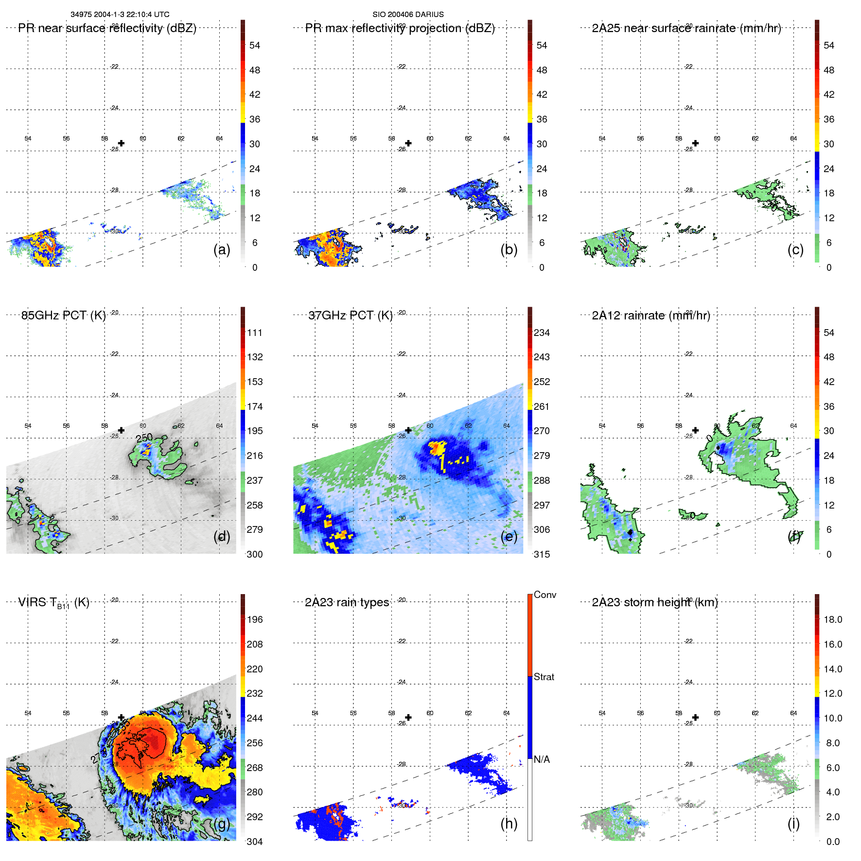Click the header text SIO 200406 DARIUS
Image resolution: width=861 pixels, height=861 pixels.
(408, 15)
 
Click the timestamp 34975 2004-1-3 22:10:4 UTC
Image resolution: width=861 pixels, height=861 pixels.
(120, 15)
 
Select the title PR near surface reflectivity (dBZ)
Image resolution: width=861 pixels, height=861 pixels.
(107, 28)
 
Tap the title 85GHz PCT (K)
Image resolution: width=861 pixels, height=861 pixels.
(64, 316)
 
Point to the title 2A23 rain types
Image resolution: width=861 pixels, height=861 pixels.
(347, 602)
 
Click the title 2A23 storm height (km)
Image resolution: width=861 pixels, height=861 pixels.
(655, 602)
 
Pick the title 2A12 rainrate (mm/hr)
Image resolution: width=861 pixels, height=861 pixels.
(651, 316)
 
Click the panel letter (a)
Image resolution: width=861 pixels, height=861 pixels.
(222, 249)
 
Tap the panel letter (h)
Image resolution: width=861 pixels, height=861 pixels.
(509, 824)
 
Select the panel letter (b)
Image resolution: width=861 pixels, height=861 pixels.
(509, 249)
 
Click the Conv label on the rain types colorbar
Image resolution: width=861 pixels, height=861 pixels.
(545, 595)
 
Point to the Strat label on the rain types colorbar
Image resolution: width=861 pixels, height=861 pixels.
(544, 677)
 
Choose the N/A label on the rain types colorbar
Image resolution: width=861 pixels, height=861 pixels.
(543, 759)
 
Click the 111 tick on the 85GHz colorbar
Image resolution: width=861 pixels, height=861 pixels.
(255, 333)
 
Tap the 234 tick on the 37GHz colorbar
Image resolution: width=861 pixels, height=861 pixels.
(542, 333)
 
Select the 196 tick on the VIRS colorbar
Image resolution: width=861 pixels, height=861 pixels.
(255, 619)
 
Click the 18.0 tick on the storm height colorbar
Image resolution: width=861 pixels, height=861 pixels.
(833, 619)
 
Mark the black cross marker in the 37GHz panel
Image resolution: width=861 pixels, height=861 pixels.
(408, 430)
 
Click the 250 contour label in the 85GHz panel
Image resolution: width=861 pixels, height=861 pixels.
(144, 438)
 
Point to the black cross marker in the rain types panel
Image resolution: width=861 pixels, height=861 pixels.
(408, 718)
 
